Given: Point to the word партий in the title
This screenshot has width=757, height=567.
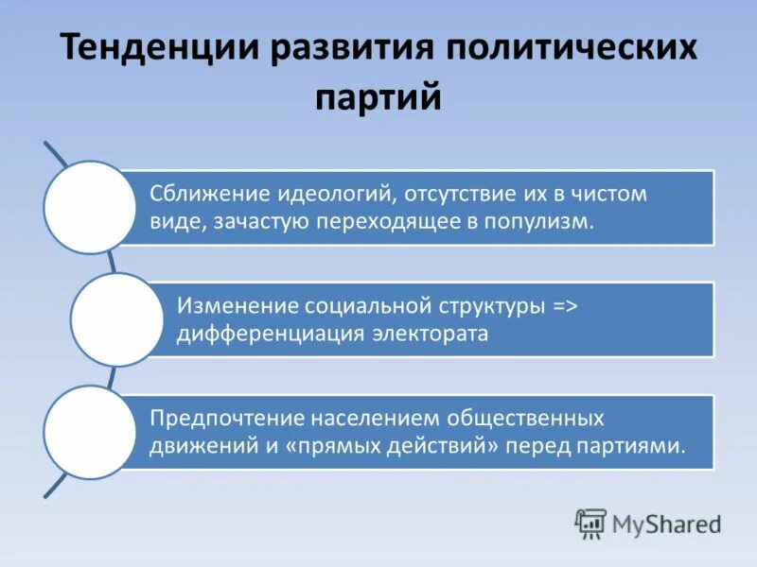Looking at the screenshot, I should [x=378, y=97].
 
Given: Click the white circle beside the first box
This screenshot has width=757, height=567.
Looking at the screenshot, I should [x=90, y=207].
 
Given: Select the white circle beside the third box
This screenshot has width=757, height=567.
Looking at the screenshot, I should [x=90, y=431].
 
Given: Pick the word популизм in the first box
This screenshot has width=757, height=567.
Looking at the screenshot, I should [x=550, y=221].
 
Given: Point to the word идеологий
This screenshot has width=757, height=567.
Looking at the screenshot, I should [x=336, y=195].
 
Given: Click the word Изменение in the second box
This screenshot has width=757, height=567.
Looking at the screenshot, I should [x=237, y=306].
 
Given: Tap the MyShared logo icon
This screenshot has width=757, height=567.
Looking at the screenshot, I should [x=590, y=524].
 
